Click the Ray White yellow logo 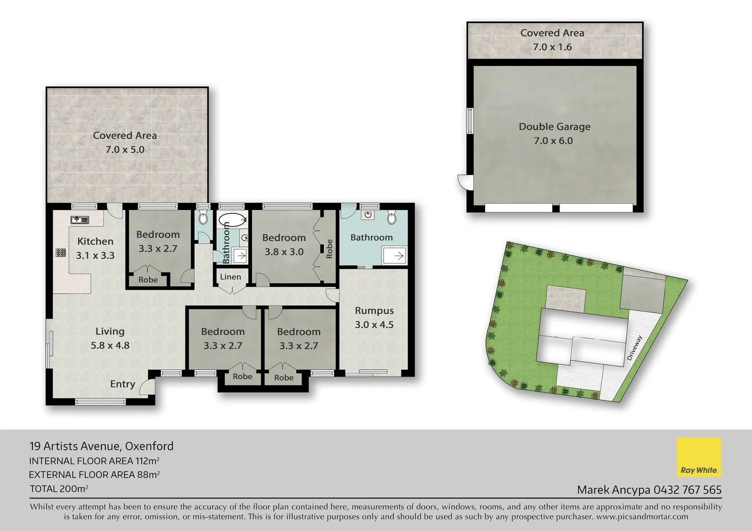point(698,457)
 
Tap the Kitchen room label point(95,241)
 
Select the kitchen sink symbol point(79,220)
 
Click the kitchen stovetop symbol point(61,253)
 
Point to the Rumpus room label point(374,311)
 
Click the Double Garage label point(554,127)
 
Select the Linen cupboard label point(230,277)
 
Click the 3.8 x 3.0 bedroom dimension point(284,252)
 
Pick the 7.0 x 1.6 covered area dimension point(552,47)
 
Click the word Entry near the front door point(123,384)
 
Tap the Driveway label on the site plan point(635,348)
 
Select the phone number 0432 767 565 point(687,490)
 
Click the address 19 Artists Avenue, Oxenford point(101,446)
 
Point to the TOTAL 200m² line point(59,489)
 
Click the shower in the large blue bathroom point(394,256)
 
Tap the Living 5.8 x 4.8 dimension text point(110,346)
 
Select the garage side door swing point(462,181)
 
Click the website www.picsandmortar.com point(642,517)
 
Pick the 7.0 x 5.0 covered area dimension point(125,150)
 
